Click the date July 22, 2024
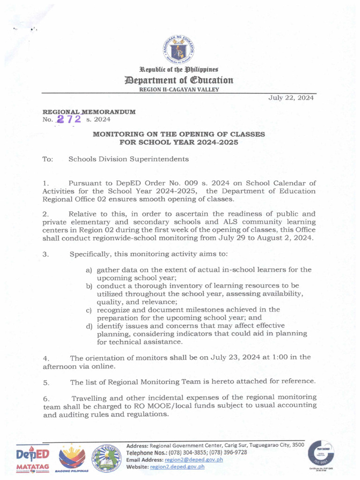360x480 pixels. click(x=291, y=98)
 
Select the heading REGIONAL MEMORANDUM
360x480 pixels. click(x=89, y=112)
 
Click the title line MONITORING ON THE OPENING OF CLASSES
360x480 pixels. click(x=179, y=134)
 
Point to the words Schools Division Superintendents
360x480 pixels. click(x=128, y=159)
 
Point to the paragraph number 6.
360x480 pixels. click(x=46, y=398)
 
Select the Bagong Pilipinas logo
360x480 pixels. click(x=72, y=458)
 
